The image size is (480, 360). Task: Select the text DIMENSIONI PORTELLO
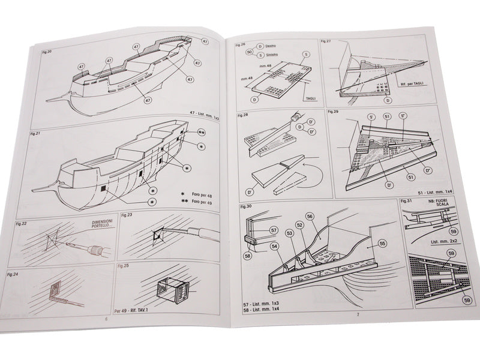point(103,224)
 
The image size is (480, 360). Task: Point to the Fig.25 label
point(124,265)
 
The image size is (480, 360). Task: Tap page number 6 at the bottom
point(107,319)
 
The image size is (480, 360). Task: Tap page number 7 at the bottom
point(358,314)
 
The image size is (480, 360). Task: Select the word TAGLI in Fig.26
point(310,98)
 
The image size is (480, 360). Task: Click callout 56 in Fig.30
point(310,216)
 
